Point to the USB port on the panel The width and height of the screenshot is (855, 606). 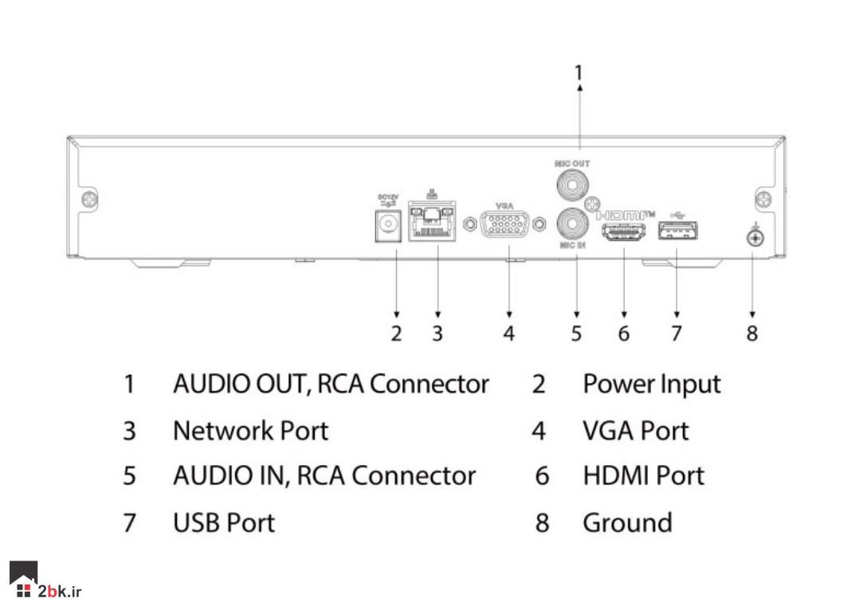point(677,232)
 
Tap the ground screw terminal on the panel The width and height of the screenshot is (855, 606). point(753,237)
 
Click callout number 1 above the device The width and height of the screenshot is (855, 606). point(579,72)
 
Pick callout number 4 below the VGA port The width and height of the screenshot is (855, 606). point(509,332)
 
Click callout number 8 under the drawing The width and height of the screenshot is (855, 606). point(752,332)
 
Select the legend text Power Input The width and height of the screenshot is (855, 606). point(651,385)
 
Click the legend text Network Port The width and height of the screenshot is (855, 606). point(250,431)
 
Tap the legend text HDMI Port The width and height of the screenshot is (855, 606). point(643,476)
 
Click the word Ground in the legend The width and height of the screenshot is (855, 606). point(627,523)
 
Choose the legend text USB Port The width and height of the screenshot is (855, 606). point(223,523)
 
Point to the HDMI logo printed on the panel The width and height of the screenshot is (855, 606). point(626,215)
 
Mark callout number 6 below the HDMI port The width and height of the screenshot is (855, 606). point(624,332)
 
